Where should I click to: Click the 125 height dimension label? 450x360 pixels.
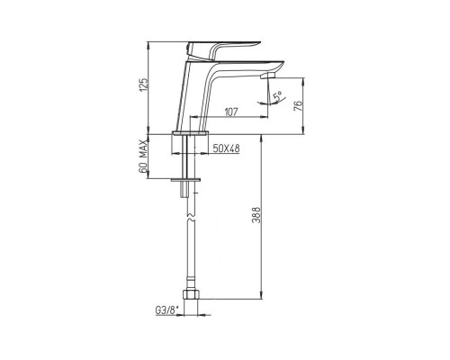coord(144,85)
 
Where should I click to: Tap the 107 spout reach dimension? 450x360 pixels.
coord(231,112)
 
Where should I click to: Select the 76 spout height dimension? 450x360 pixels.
coord(298,106)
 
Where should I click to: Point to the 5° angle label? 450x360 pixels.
coord(278,96)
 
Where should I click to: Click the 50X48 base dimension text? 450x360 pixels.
coord(226,148)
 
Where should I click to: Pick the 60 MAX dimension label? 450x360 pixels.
coord(144,157)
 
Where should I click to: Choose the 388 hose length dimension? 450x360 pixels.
coord(256,215)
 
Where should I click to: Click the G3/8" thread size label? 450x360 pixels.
coord(166,310)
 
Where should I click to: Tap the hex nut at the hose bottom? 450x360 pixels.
coord(191,294)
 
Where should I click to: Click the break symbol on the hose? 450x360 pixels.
coord(191,218)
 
